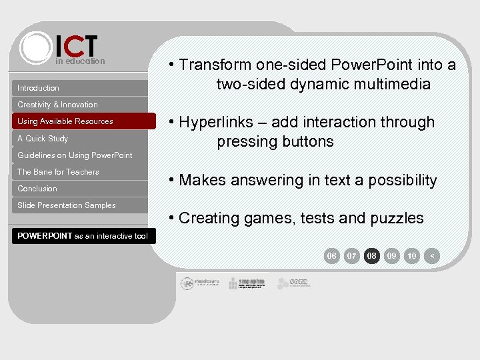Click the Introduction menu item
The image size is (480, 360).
click(38, 88)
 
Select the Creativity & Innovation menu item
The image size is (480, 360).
click(57, 105)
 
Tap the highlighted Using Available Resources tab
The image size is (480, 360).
click(65, 121)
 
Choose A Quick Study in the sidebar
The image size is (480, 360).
click(43, 139)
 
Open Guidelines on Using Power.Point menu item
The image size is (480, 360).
click(75, 155)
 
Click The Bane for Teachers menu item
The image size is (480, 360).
click(58, 172)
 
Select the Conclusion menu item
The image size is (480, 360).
click(37, 189)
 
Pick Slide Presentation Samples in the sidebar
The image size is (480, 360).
click(67, 205)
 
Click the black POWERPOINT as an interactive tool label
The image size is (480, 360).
click(83, 236)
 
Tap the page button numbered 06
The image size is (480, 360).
click(331, 256)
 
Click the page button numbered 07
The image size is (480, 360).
click(352, 256)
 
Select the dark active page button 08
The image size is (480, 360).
click(372, 256)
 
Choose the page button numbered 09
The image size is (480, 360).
click(392, 256)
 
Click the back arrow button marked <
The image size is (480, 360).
click(433, 256)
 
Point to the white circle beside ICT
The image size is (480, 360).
click(35, 47)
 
